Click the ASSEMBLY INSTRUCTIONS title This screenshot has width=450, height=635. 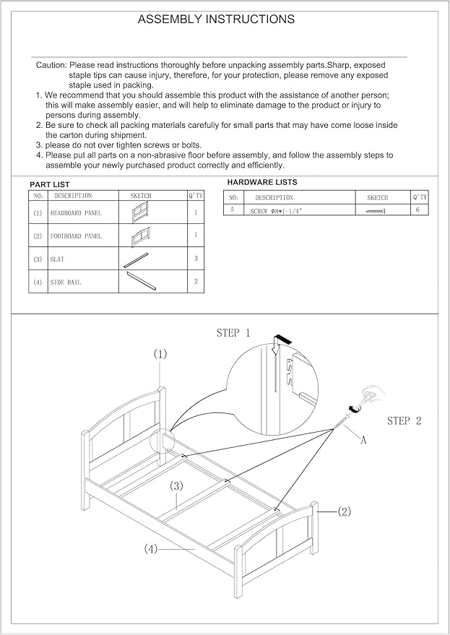pos(216,19)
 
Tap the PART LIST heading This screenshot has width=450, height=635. pos(49,185)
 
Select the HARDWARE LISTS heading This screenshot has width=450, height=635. pos(262,182)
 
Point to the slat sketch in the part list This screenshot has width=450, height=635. pos(136,260)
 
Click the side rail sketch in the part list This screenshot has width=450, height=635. pos(142,280)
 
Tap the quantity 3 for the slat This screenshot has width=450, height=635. pos(196,259)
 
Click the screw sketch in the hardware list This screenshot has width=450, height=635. pos(375,211)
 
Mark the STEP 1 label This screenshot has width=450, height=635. pos(233,333)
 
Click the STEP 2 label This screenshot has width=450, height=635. pos(404,420)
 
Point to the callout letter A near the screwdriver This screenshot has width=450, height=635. pos(363,440)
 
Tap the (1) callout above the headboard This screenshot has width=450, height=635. pos(160,355)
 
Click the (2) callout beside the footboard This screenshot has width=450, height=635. pos(344,512)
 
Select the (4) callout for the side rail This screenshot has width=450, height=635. pos(150,550)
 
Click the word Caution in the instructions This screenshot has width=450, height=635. pos(51,65)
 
